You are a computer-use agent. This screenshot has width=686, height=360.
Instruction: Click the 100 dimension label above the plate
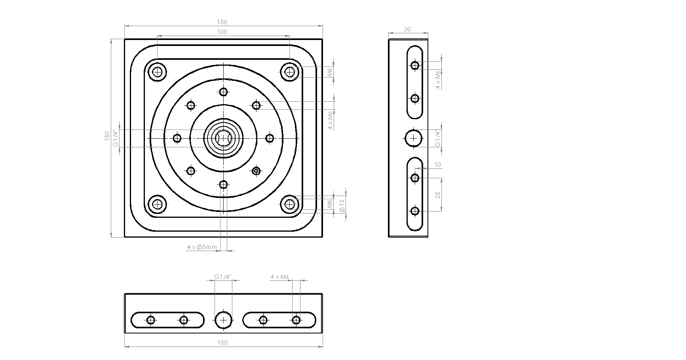click(222, 32)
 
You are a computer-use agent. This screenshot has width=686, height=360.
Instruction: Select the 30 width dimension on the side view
click(407, 29)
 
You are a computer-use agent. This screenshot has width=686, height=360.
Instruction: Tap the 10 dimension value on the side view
click(437, 164)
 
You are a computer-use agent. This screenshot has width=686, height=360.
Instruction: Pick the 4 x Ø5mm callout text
click(202, 248)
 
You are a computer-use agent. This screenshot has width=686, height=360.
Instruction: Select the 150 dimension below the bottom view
click(222, 343)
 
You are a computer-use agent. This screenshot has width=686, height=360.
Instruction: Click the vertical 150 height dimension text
click(106, 136)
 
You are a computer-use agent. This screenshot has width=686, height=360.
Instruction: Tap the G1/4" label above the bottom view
click(222, 277)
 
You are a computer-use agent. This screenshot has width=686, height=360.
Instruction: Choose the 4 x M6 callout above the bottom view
click(280, 277)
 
